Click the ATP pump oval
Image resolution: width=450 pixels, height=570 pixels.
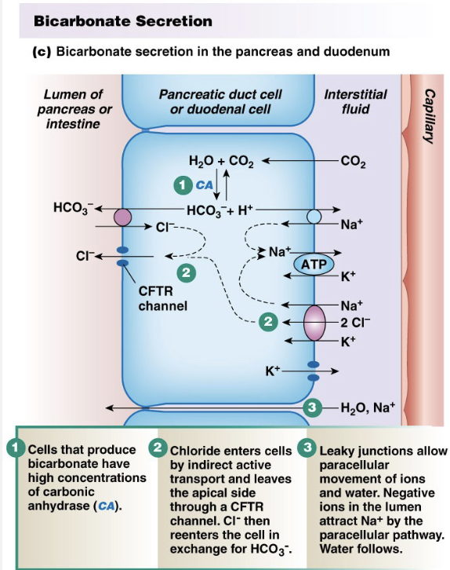(313, 265)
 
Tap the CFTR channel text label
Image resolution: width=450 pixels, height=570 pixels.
(162, 298)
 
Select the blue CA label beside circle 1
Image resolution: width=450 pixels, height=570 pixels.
(205, 185)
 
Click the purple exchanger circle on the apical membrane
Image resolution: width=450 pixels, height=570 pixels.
(122, 217)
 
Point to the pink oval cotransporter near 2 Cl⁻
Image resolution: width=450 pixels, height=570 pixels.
(314, 323)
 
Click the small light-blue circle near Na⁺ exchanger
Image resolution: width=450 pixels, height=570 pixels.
(314, 217)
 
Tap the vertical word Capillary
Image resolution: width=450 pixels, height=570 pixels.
(430, 116)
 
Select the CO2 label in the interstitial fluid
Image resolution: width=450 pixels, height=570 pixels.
(353, 162)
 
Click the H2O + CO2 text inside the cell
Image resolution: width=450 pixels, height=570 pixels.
(221, 161)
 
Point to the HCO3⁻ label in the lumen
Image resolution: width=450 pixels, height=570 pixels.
(74, 208)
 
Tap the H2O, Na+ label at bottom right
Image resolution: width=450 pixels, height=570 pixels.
(368, 407)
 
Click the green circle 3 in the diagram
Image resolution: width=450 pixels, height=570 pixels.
(312, 407)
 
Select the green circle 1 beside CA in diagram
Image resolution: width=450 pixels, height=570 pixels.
(183, 185)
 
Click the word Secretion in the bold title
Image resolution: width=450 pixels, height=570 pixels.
(174, 21)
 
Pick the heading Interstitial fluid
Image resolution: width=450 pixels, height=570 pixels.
(355, 102)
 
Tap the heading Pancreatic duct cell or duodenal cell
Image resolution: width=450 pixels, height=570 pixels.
(220, 102)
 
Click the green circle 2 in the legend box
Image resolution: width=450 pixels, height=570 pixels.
(158, 448)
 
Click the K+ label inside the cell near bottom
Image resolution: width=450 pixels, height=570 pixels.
(273, 371)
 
